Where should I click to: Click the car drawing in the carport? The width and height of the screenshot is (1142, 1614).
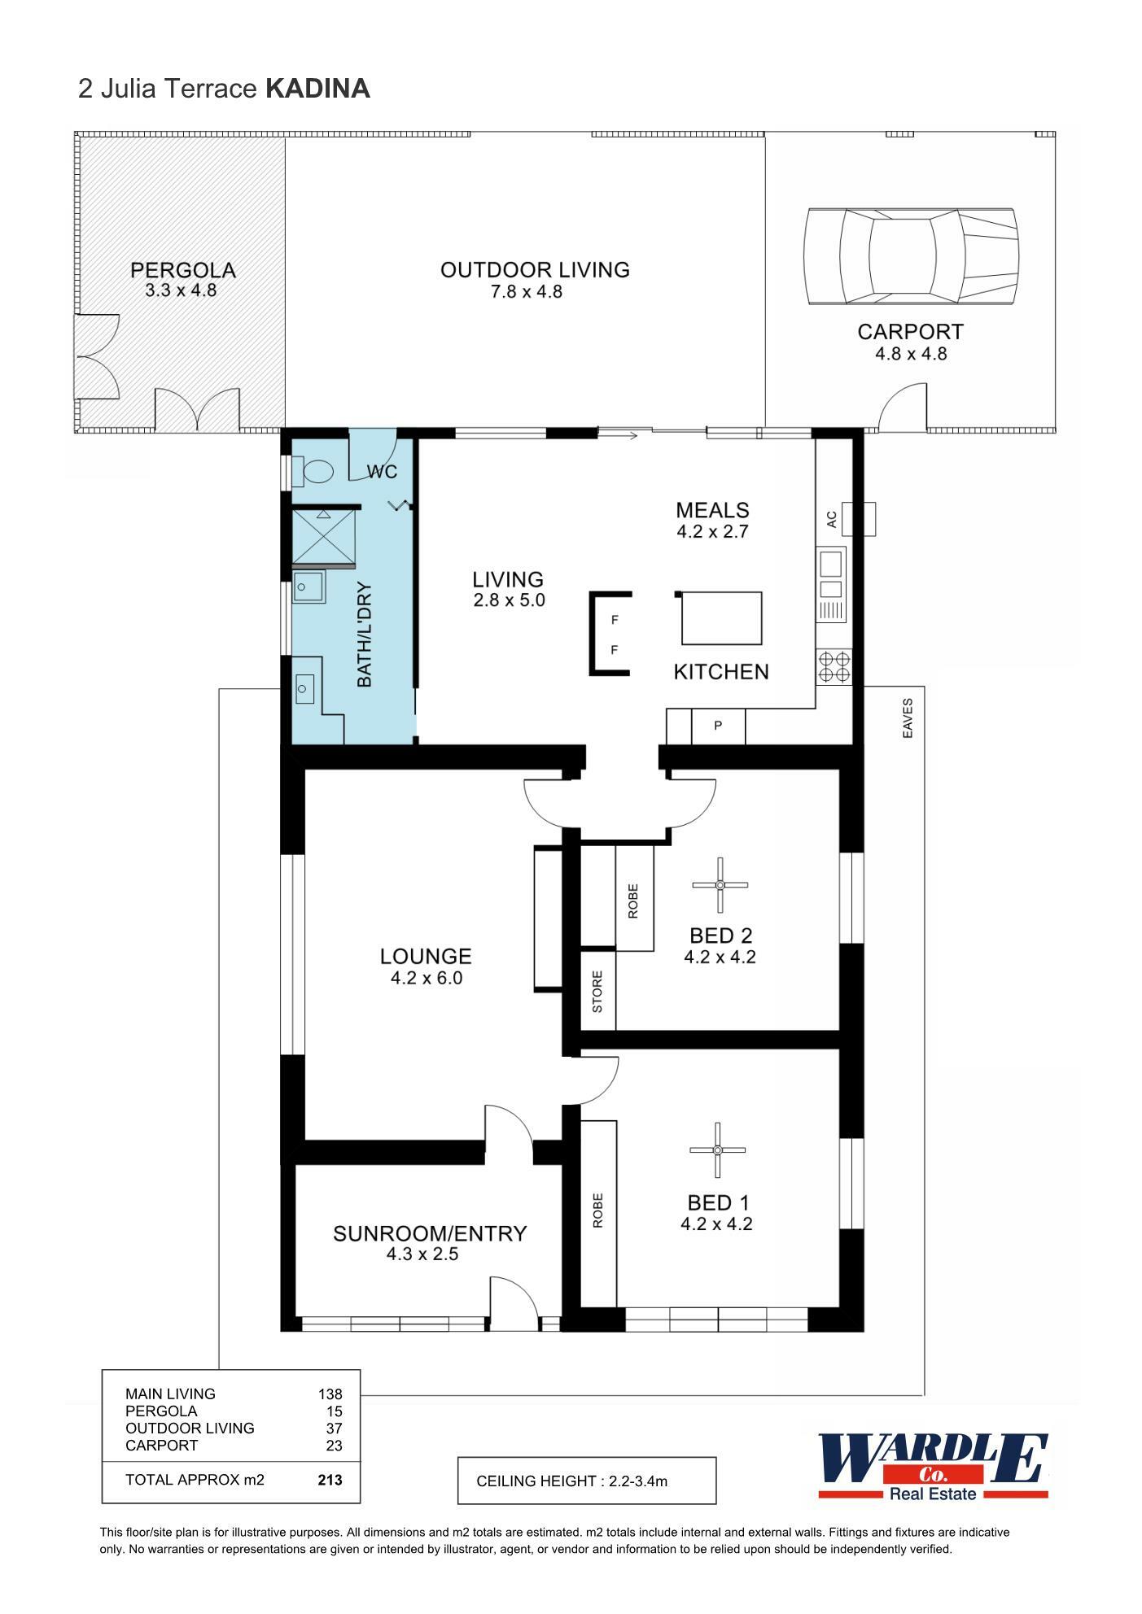tap(910, 256)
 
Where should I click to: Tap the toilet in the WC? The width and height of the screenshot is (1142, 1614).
tap(314, 471)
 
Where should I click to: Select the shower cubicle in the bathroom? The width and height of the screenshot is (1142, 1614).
tap(324, 536)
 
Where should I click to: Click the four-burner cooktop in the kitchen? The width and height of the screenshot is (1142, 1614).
tap(834, 666)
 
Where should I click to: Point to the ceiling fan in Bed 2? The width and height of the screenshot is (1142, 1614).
tap(720, 885)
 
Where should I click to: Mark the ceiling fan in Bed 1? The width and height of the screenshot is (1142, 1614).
tap(717, 1149)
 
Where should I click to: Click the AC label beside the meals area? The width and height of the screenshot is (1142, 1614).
tap(831, 519)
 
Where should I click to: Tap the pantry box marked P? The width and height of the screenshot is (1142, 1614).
tap(718, 726)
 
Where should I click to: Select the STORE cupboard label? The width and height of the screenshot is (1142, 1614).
tap(597, 991)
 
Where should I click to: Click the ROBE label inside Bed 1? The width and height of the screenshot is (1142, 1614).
tap(597, 1210)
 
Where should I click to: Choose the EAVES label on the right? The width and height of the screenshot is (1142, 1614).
tap(908, 718)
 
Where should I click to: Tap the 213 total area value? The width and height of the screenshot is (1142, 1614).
tap(330, 1480)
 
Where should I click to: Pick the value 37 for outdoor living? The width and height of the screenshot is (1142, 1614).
tap(334, 1429)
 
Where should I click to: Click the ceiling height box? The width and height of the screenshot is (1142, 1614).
tap(586, 1481)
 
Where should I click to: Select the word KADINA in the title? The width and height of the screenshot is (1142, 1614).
tap(317, 89)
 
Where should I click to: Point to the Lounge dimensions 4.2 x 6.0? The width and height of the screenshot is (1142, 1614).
tap(426, 979)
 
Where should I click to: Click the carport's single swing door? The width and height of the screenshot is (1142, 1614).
tap(902, 408)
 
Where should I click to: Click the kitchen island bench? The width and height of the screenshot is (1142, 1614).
tap(721, 619)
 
